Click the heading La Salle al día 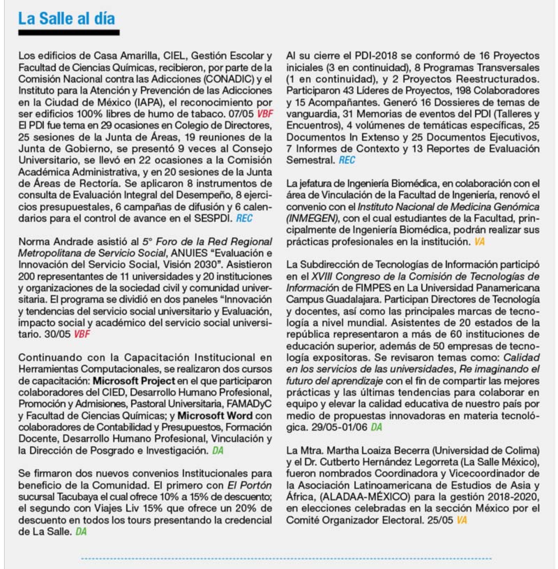click(67, 18)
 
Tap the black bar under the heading click(69, 32)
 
